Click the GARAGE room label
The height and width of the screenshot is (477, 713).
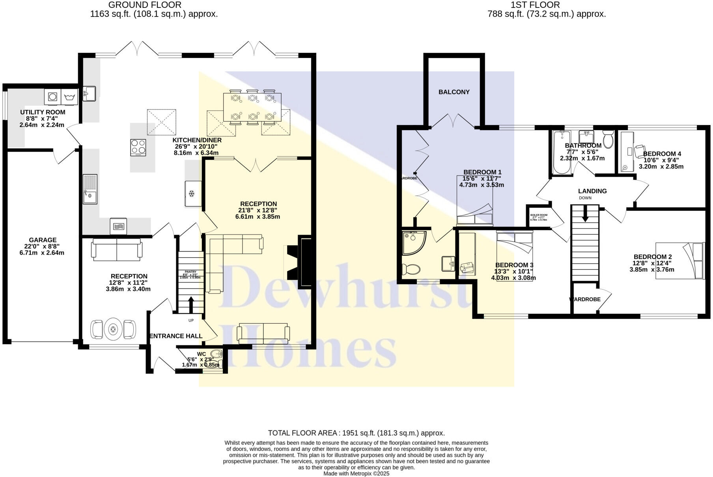click(x=43, y=240)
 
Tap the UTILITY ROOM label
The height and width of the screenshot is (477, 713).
click(x=43, y=112)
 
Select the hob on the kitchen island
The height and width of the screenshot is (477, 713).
click(x=138, y=147)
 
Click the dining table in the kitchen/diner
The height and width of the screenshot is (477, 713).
click(x=252, y=107)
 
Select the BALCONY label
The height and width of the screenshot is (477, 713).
click(x=454, y=92)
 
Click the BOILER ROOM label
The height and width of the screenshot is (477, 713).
click(x=539, y=215)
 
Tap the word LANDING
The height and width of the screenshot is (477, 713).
click(x=592, y=191)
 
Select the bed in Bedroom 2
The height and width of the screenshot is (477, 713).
click(x=679, y=261)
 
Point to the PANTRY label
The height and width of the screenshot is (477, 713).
click(x=190, y=272)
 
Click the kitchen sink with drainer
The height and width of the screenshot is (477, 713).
click(x=90, y=189)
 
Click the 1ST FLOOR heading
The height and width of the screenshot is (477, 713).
click(x=535, y=5)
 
